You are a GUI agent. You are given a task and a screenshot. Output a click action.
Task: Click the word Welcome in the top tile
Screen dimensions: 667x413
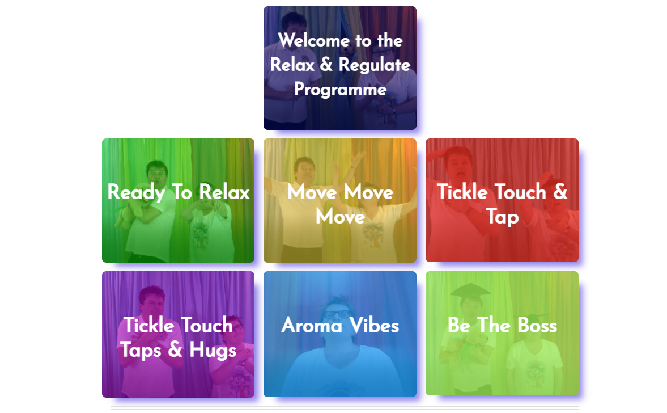click(x=314, y=40)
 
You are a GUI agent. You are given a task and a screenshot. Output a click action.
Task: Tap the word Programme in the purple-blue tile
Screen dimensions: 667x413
click(x=341, y=90)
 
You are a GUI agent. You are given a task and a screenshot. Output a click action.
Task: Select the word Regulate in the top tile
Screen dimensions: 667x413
click(x=375, y=65)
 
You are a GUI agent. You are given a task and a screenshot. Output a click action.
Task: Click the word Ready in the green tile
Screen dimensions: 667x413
click(x=136, y=192)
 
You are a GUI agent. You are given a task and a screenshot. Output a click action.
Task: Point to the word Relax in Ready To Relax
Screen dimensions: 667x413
click(x=224, y=192)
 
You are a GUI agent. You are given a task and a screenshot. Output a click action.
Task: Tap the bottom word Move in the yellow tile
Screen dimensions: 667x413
click(x=341, y=217)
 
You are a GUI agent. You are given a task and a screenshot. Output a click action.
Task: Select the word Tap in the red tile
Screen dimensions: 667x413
click(x=503, y=217)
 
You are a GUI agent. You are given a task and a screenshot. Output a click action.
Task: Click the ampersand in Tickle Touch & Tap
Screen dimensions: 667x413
click(x=560, y=192)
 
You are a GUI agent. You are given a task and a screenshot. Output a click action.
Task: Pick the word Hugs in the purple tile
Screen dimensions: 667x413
click(x=213, y=350)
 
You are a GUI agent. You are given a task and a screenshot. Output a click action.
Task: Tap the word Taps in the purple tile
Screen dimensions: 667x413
click(x=141, y=351)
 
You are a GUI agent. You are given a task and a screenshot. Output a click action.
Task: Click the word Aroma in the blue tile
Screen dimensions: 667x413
click(x=312, y=326)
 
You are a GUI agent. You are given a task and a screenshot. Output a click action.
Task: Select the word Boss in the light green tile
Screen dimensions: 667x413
click(x=537, y=326)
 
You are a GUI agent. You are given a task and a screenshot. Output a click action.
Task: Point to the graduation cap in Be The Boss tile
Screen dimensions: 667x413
click(x=470, y=290)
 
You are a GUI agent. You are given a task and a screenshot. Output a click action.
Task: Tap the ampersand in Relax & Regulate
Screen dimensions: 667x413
click(x=326, y=65)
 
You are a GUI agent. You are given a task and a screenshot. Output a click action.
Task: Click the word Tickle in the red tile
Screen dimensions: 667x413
click(x=462, y=192)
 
